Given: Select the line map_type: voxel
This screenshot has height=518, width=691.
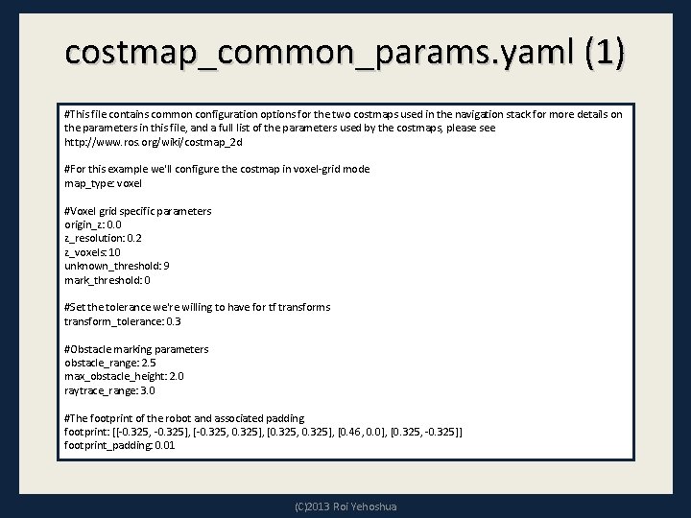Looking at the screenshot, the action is click(103, 183).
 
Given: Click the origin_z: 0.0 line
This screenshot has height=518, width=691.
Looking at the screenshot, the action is click(93, 224).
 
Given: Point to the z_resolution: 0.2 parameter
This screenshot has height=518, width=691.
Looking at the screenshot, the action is click(103, 238).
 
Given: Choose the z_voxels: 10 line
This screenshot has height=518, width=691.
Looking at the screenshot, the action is click(93, 252).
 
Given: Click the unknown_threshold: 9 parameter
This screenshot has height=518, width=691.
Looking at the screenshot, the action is click(117, 266).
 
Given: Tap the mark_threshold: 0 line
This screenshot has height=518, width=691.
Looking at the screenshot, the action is click(107, 280).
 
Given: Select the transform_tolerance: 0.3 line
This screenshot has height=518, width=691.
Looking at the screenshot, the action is click(123, 321).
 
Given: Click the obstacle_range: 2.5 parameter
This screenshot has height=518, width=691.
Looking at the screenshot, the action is click(110, 363).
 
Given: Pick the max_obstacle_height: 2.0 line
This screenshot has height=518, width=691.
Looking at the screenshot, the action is click(124, 377).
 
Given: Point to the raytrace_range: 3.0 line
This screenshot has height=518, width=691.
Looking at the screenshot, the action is click(110, 390).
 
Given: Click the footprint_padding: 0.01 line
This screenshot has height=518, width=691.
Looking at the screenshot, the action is click(120, 446).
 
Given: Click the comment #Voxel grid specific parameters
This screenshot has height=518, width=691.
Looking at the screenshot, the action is click(138, 211).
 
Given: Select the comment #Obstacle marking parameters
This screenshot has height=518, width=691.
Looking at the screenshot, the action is click(136, 349).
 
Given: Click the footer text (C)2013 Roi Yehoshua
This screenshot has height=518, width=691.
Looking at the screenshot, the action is click(345, 506).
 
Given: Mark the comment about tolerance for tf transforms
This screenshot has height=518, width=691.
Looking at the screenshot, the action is click(197, 307).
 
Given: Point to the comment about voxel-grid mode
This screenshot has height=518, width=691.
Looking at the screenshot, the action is click(217, 169).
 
